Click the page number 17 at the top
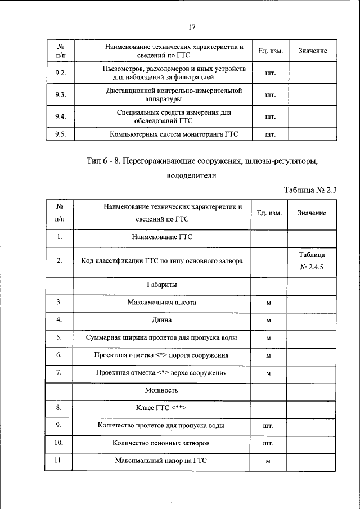click(x=192, y=27)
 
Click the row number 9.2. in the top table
click(x=61, y=73)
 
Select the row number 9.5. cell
click(x=61, y=134)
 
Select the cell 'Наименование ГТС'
click(x=162, y=237)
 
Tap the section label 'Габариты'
click(x=162, y=285)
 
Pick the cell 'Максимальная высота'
click(x=162, y=303)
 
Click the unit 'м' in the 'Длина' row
click(x=269, y=321)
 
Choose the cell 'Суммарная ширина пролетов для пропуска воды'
click(x=162, y=338)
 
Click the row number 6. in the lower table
click(x=59, y=355)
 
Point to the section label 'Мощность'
click(x=162, y=390)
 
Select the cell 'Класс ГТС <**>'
click(x=162, y=408)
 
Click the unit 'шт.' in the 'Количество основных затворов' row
click(x=269, y=444)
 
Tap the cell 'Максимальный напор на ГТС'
click(x=162, y=461)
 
